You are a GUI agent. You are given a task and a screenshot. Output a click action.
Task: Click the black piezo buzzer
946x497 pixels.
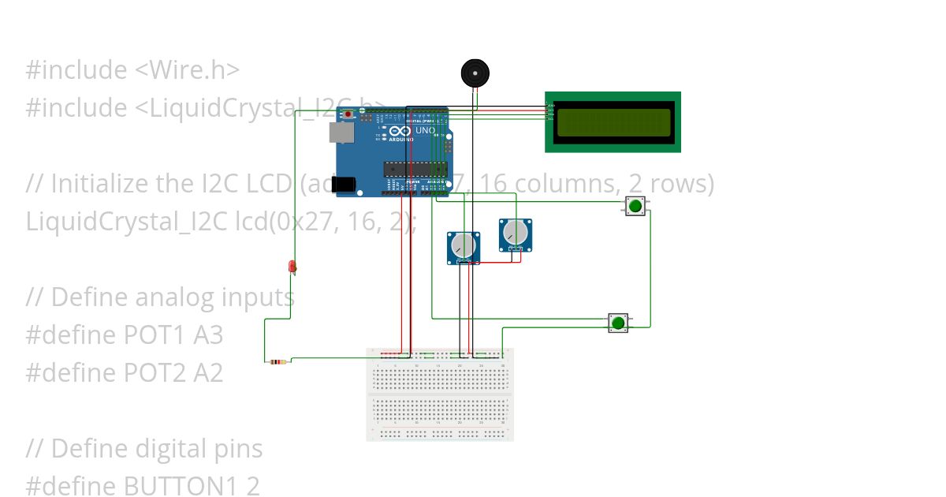[475, 74]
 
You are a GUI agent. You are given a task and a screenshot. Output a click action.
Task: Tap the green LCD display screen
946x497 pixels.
[613, 122]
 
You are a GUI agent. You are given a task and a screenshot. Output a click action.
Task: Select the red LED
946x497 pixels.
[292, 267]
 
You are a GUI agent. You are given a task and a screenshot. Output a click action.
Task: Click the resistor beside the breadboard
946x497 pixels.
[277, 362]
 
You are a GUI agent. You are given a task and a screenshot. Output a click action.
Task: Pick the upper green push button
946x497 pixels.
[635, 207]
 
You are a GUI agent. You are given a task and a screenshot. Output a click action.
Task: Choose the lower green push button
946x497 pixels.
[618, 323]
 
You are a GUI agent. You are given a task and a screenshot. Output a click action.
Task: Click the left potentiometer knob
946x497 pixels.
[464, 245]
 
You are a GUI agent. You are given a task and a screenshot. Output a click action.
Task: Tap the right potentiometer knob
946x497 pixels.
[516, 233]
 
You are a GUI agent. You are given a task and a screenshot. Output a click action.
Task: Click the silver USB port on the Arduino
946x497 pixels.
[341, 133]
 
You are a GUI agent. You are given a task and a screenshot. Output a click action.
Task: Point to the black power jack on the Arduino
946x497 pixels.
[343, 185]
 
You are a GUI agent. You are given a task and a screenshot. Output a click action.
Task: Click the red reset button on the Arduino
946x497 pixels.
[348, 114]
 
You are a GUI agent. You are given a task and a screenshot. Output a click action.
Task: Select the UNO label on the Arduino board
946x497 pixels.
[425, 130]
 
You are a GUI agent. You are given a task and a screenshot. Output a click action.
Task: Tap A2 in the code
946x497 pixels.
[207, 373]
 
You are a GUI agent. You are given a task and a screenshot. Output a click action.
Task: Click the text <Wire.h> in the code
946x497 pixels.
[188, 70]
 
